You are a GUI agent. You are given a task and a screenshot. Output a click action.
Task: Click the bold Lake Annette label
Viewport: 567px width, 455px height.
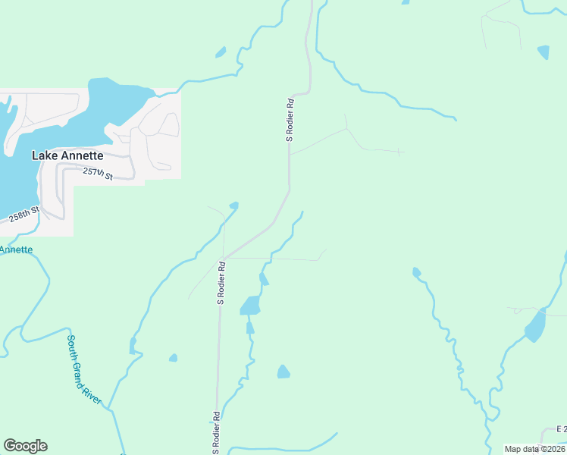click(x=67, y=155)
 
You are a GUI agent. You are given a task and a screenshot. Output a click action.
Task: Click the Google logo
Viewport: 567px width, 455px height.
click(x=25, y=446)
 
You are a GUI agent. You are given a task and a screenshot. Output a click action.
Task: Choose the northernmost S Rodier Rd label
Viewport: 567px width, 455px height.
click(x=290, y=119)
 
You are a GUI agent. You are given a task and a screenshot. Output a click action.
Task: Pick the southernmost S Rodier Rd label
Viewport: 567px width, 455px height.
click(x=216, y=428)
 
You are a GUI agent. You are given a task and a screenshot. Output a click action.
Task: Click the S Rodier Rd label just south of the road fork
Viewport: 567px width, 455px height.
click(x=221, y=283)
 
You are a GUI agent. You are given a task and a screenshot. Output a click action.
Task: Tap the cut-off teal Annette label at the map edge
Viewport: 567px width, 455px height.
click(x=15, y=249)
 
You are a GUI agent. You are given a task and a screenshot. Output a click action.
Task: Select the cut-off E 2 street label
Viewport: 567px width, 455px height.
click(x=561, y=429)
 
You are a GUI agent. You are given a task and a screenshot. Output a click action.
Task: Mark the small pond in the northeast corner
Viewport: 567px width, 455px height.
click(x=543, y=52)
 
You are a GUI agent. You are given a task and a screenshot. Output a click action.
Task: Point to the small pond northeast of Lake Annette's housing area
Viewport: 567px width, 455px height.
click(x=221, y=52)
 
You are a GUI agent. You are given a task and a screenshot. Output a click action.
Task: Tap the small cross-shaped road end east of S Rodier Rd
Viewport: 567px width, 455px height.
click(x=398, y=152)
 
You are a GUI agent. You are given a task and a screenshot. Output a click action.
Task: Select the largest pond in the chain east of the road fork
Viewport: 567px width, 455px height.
click(x=250, y=306)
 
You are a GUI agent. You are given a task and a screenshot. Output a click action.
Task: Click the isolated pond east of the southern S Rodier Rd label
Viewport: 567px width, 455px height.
click(x=283, y=372)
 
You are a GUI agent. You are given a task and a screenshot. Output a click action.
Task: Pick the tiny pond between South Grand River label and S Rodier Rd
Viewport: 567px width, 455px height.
click(x=173, y=358)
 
